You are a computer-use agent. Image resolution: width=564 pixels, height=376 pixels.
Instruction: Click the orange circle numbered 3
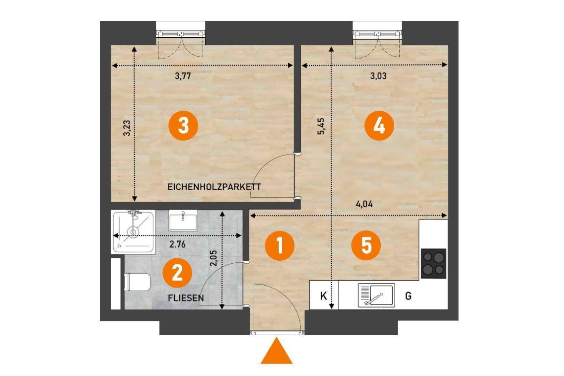(183, 126)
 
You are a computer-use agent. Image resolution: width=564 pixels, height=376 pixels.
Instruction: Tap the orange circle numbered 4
(379, 126)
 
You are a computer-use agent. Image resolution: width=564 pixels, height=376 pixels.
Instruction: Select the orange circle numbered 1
(280, 246)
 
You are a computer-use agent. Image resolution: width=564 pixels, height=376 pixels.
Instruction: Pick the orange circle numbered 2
(177, 273)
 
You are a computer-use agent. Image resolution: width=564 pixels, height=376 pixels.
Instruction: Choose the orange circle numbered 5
(366, 246)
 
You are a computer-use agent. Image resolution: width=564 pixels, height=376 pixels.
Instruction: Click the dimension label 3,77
(183, 76)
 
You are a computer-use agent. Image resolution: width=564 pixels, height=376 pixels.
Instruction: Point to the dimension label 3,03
(378, 76)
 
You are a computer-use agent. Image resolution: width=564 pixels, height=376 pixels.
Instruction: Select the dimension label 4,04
(364, 204)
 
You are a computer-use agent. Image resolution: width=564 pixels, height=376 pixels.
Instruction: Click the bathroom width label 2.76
(177, 244)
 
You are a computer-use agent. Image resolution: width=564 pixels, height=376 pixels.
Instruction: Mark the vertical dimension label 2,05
(213, 258)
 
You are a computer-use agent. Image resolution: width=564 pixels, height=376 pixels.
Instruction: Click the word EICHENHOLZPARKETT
(214, 187)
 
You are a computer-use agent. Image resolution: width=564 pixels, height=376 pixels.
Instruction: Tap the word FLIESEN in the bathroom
(186, 298)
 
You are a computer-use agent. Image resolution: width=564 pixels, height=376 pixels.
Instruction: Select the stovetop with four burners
(433, 263)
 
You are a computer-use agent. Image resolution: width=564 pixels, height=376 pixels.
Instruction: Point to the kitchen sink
(376, 295)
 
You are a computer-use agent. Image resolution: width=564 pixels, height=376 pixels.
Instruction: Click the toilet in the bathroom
(137, 283)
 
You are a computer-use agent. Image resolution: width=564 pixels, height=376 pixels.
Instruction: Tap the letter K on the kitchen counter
(323, 296)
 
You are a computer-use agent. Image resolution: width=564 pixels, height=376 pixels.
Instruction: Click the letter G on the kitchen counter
(408, 296)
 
